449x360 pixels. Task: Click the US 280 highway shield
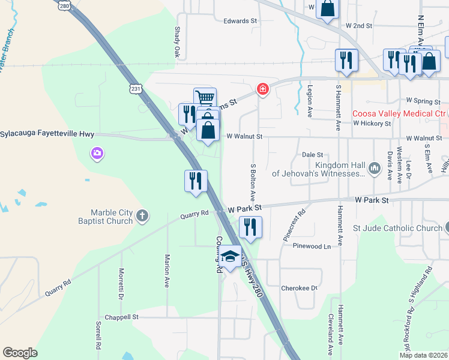click(65, 5)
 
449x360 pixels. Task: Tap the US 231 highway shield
click(136, 89)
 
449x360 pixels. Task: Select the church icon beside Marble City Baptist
click(142, 216)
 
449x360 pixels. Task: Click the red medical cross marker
click(262, 89)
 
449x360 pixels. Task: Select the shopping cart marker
click(205, 98)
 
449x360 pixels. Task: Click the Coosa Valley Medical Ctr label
click(399, 113)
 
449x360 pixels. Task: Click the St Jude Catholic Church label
click(397, 228)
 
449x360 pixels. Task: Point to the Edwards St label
click(240, 21)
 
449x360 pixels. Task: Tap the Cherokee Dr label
click(299, 289)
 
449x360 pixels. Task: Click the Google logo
click(20, 353)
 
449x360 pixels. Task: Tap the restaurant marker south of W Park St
click(250, 227)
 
